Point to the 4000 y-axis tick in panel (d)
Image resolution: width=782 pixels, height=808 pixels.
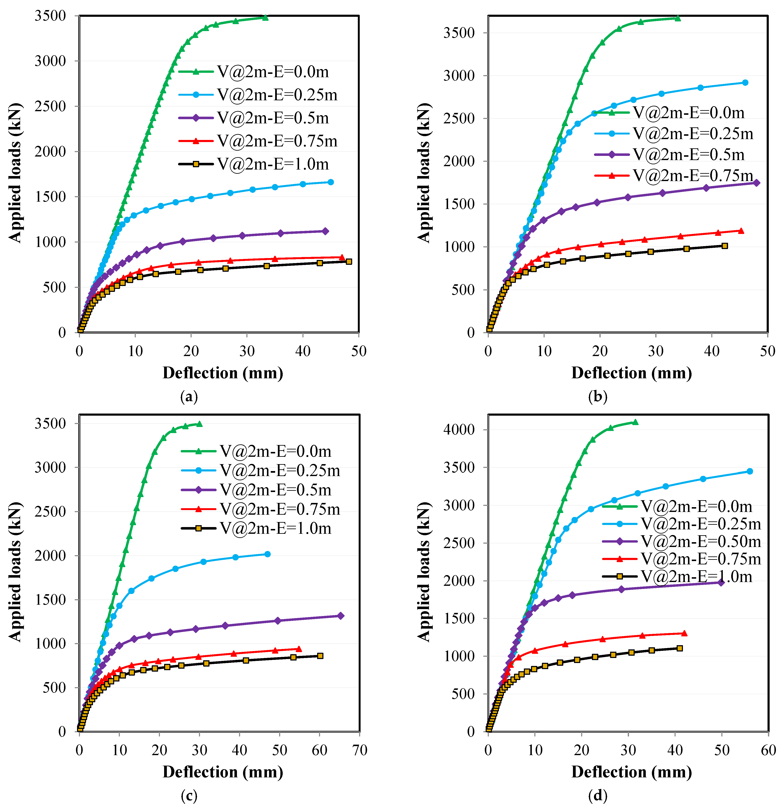pyautogui.click(x=459, y=429)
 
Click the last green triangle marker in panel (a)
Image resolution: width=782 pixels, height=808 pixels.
pyautogui.click(x=265, y=18)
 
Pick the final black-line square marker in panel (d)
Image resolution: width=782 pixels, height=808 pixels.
pyautogui.click(x=680, y=649)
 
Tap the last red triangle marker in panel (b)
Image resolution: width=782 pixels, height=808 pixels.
pyautogui.click(x=741, y=231)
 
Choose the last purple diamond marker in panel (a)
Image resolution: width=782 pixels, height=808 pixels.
pyautogui.click(x=325, y=231)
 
